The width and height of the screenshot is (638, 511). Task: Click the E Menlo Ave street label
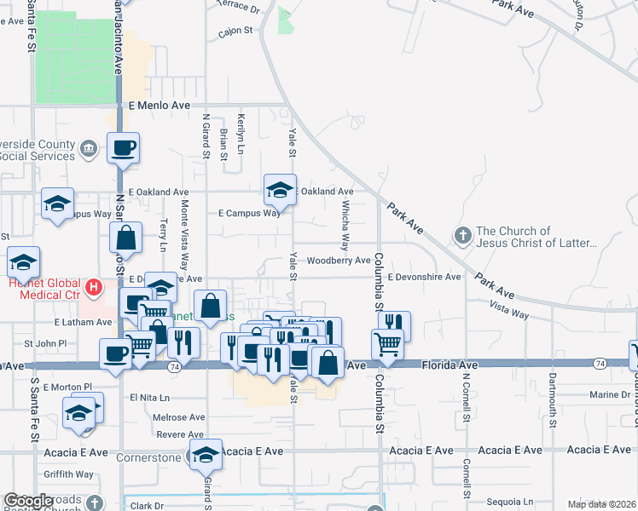159,105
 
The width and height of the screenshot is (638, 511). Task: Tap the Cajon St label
236,30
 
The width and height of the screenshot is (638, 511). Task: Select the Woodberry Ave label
339,261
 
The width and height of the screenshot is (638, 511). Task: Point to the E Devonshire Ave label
424,277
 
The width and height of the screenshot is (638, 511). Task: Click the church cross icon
463,234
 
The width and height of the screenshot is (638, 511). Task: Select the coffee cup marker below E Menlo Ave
123,148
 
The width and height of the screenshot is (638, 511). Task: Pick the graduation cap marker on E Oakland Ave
280,191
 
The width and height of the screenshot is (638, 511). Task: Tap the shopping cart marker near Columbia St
387,344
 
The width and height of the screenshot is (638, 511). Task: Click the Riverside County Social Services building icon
89,151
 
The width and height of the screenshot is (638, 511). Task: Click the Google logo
29,501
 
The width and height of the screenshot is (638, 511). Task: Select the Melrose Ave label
179,417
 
